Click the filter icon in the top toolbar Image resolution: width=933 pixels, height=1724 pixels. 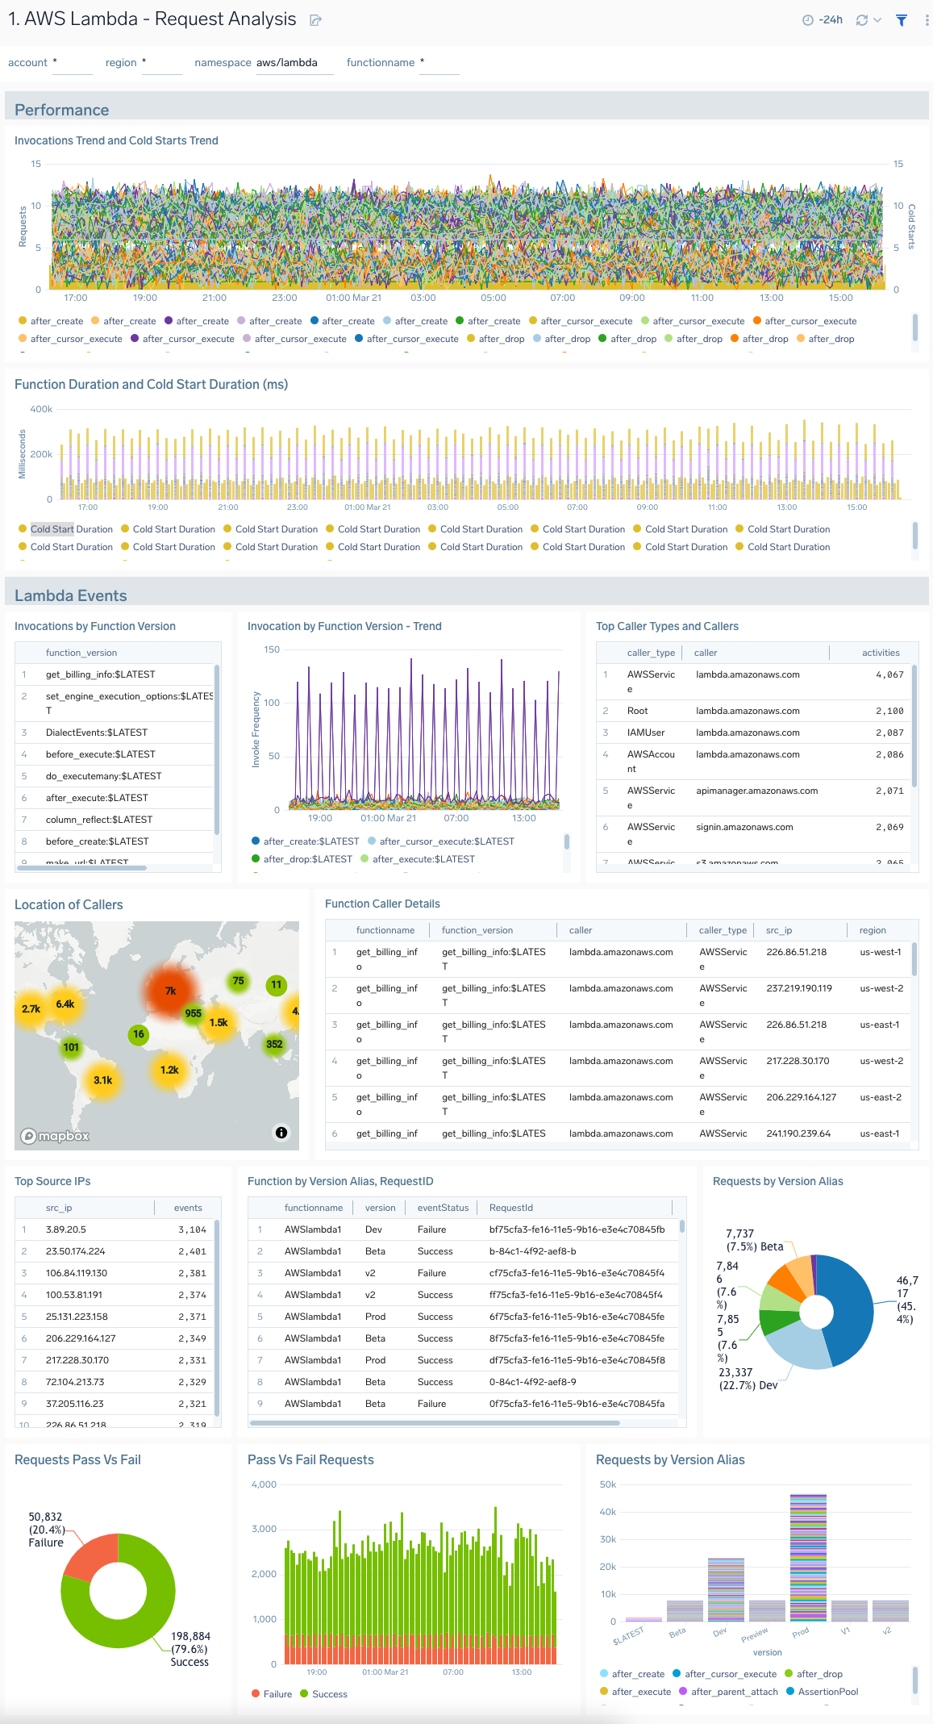point(902,20)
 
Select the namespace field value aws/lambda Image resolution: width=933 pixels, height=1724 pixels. point(287,63)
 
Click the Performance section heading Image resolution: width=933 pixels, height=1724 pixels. point(62,111)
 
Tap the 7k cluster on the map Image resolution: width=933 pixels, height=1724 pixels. point(171,991)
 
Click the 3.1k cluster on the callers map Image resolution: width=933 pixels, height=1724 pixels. point(103,1080)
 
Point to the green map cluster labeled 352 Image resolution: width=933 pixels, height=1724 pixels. point(274,1044)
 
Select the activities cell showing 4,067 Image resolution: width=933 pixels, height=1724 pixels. point(889,675)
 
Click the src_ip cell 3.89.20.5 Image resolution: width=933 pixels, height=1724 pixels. point(66,1229)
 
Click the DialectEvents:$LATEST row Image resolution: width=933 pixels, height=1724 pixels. point(97,733)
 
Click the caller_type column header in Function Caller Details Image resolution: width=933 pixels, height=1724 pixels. point(723,930)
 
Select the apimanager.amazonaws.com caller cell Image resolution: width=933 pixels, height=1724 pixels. point(756,791)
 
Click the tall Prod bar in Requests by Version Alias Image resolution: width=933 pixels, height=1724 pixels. point(808,1557)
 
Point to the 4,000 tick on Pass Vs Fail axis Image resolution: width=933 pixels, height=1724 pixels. point(264,1484)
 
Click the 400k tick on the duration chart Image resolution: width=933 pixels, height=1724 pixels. point(41,409)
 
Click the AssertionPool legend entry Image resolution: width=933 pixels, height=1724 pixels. point(827,1692)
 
